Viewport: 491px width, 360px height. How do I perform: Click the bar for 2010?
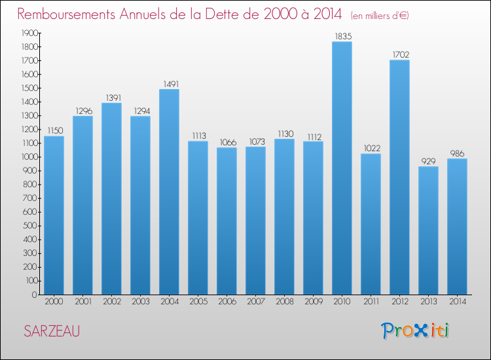(x=342, y=168)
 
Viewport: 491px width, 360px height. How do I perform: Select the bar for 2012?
(x=399, y=177)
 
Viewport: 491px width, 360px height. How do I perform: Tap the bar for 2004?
(x=169, y=192)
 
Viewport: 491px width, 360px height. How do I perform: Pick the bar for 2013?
(x=428, y=230)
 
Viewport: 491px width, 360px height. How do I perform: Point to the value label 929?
(x=428, y=161)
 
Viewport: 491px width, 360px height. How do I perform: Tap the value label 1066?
(x=227, y=142)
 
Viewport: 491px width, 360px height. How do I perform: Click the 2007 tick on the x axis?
(x=255, y=302)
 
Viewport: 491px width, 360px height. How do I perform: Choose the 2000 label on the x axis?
(x=54, y=302)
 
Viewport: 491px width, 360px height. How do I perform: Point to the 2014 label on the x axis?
(x=457, y=302)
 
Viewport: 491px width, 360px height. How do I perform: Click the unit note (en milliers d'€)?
(x=380, y=15)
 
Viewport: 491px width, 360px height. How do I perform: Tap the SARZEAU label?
(x=52, y=331)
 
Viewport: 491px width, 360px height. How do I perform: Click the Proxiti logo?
(x=416, y=331)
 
